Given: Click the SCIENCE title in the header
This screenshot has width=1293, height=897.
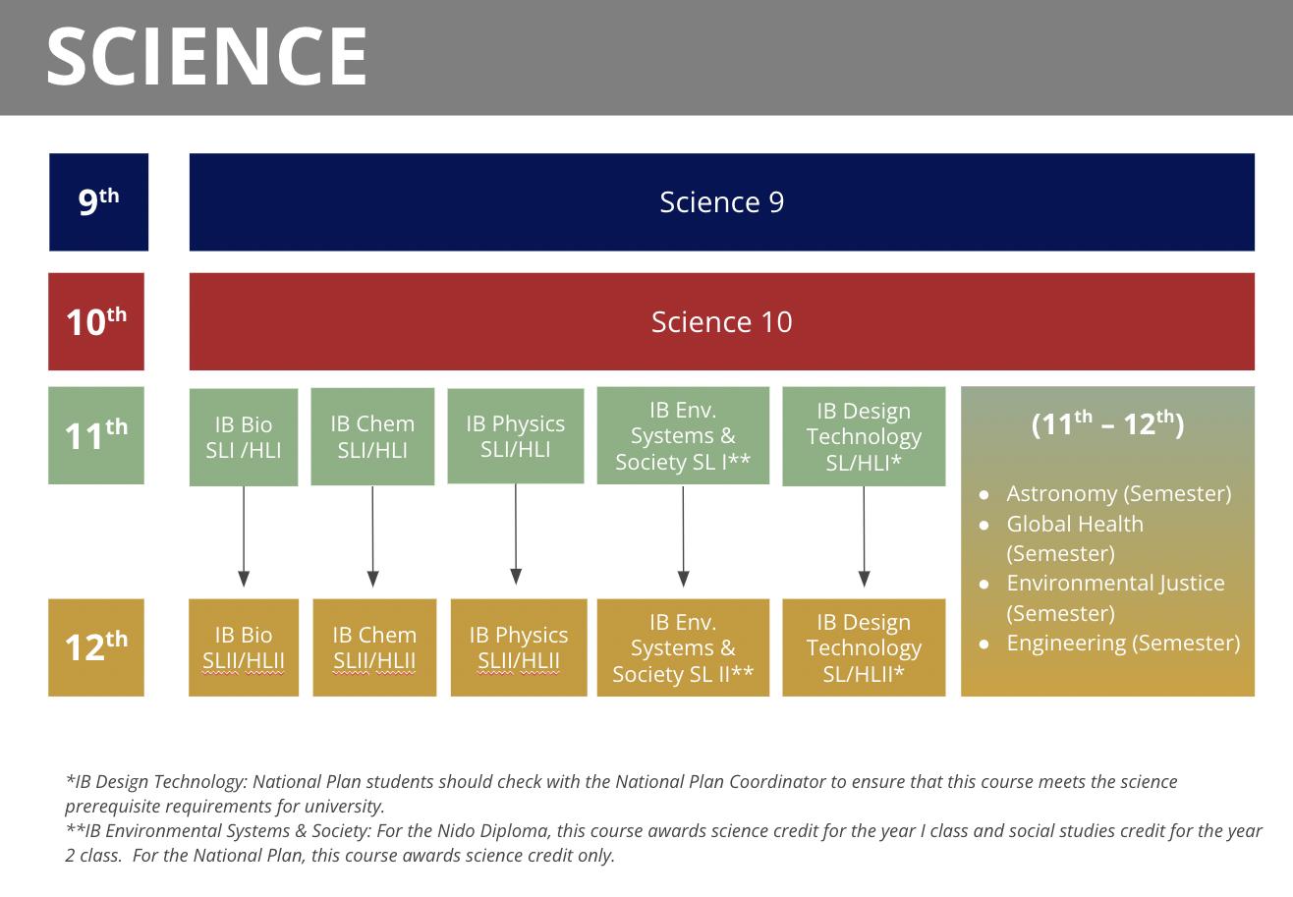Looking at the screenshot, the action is [206, 57].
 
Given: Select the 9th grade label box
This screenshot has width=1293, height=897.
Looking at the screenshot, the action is [98, 202].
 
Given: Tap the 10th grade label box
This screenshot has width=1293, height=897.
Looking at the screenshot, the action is [96, 321].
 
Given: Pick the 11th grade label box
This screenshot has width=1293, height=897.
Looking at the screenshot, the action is [96, 435].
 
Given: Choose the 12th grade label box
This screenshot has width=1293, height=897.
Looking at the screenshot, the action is [96, 647].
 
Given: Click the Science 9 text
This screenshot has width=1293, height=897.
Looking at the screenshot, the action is [721, 202].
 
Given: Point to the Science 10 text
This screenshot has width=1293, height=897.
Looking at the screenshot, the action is [721, 321].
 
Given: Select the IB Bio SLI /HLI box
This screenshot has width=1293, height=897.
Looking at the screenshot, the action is [244, 437].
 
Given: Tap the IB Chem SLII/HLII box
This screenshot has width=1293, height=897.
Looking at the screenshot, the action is [374, 647].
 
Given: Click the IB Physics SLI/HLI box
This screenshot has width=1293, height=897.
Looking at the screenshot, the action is [516, 436].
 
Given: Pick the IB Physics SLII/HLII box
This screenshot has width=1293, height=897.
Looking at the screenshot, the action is [519, 647].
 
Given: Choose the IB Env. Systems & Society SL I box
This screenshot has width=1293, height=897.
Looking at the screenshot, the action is [683, 435].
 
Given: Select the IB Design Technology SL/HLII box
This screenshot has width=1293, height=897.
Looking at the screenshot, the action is [864, 647].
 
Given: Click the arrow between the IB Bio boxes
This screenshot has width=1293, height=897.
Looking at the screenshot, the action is [244, 536].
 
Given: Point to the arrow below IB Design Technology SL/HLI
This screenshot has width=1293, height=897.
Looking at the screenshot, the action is [864, 536].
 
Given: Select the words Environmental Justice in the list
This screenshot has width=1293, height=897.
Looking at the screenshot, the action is [1115, 583].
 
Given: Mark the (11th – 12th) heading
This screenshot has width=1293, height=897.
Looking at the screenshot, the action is [1107, 423].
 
